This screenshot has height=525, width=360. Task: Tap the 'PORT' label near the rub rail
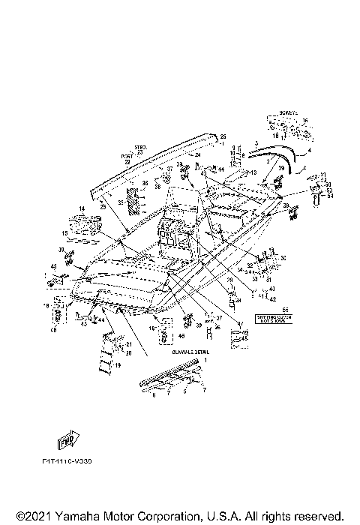pyautogui.click(x=126, y=156)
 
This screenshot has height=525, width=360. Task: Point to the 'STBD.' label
pyautogui.click(x=139, y=148)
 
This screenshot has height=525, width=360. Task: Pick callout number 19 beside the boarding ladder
pyautogui.click(x=118, y=365)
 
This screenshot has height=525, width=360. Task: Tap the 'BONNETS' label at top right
pyautogui.click(x=288, y=113)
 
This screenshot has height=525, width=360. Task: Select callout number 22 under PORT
pyautogui.click(x=127, y=162)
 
